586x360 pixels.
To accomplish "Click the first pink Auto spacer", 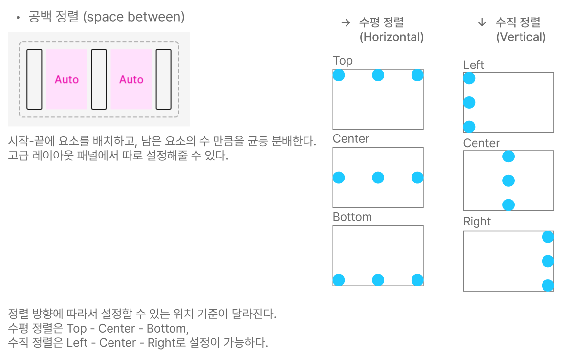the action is click(66, 79).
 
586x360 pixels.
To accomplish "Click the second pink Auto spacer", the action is click(131, 79).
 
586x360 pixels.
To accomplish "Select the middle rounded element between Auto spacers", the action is click(99, 79).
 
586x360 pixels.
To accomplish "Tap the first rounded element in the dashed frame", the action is click(34, 79).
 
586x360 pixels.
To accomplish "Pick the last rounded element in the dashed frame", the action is click(163, 79).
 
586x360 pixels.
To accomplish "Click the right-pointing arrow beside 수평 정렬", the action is click(346, 22).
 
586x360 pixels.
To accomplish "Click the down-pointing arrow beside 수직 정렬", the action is click(482, 22).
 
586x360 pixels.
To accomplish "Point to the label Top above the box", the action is click(343, 61).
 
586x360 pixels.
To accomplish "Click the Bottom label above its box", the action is click(352, 217).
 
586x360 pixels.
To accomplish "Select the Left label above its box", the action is click(474, 65).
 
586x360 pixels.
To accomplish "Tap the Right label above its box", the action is click(477, 222).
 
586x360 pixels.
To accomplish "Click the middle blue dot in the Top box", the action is click(378, 75).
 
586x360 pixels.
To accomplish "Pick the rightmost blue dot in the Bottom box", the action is click(417, 280).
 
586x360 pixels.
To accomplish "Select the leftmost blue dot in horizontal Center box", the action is click(339, 178).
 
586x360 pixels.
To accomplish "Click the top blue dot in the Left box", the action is click(469, 78).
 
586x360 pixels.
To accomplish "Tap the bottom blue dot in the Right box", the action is click(548, 285).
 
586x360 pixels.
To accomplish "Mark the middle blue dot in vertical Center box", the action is click(508, 181).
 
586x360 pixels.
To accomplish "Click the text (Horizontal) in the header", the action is click(391, 37).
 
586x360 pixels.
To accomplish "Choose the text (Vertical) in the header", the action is click(521, 37).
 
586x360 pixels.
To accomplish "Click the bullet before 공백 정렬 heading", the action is click(18, 18).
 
